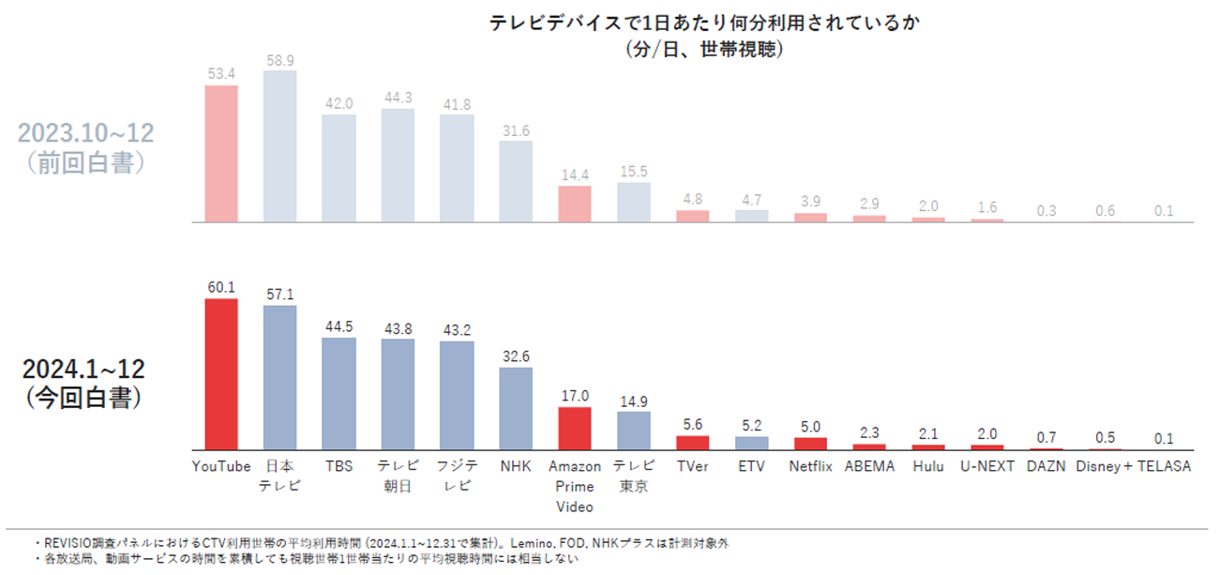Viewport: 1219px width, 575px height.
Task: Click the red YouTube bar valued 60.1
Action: pos(221,375)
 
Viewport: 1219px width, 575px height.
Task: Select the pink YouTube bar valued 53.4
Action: pos(221,154)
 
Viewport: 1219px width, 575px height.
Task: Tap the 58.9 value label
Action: pos(279,60)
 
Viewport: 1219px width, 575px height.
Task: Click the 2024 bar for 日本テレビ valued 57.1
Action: pos(279,378)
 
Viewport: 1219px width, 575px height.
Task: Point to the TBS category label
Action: pos(339,466)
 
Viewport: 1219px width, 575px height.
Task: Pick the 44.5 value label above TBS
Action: pos(339,327)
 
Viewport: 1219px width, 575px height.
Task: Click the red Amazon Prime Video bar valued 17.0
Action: pos(575,429)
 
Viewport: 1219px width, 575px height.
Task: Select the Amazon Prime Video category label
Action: pos(575,485)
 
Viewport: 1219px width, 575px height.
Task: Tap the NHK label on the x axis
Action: pos(516,466)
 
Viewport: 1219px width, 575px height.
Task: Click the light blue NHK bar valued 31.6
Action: pos(516,181)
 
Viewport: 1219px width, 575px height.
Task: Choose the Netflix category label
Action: pos(810,466)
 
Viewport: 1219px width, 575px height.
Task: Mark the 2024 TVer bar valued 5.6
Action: pos(693,443)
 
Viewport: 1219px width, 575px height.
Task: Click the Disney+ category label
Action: pos(1105,466)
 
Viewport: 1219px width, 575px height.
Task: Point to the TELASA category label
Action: pos(1164,466)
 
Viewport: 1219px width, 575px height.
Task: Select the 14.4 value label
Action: pos(575,175)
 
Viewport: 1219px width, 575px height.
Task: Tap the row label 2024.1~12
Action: pos(84,369)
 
